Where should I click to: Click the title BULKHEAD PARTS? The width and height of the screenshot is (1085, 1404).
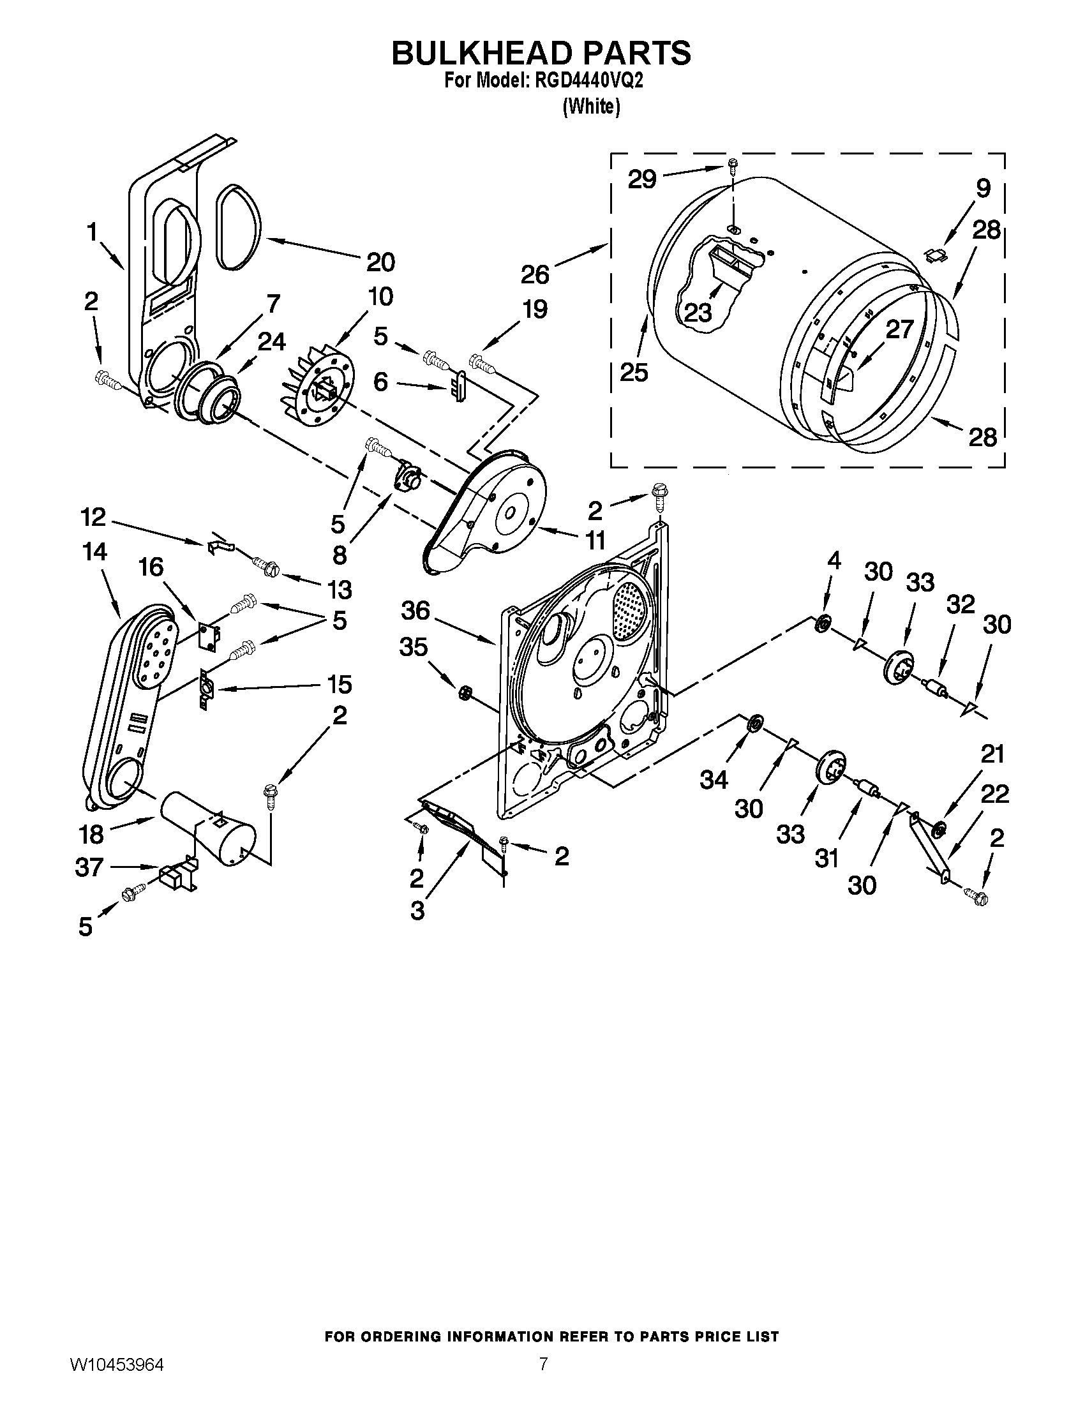541,53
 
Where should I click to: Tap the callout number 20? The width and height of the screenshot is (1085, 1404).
380,262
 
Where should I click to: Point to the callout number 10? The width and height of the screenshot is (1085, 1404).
380,296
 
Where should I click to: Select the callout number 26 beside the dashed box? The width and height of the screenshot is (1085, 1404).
535,275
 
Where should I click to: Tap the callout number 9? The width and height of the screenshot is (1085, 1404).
983,188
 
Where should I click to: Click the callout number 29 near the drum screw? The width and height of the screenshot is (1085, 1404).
642,179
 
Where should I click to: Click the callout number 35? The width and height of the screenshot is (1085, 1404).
414,647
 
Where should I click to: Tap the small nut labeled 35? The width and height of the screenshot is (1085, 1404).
465,692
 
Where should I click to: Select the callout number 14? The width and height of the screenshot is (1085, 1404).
95,551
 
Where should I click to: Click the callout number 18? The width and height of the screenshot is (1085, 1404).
91,834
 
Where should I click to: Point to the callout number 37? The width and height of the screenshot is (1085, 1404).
89,867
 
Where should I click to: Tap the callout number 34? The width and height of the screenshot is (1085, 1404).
714,780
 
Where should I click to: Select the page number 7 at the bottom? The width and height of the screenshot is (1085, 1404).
543,1377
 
